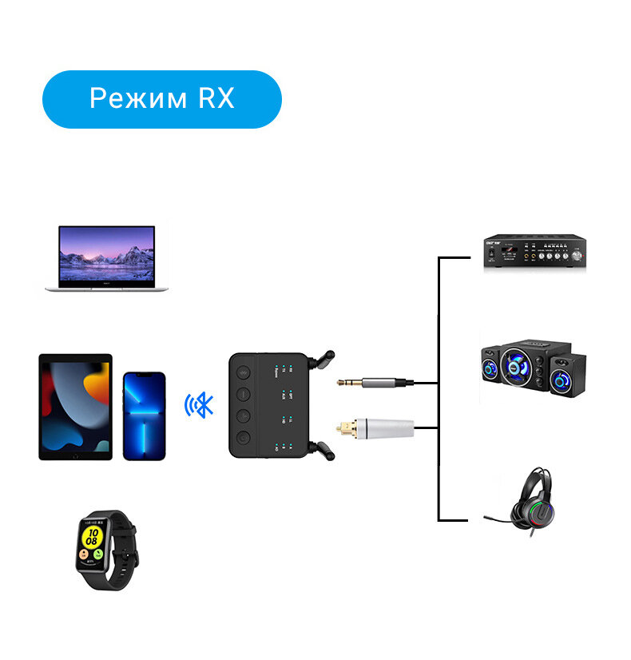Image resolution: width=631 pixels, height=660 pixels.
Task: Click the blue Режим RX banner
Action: pyautogui.click(x=161, y=99)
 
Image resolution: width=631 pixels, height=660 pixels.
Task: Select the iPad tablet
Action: pyautogui.click(x=75, y=407)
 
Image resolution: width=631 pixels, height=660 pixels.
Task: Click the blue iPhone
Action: pyautogui.click(x=145, y=415)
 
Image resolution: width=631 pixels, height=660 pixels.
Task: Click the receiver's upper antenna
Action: pyautogui.click(x=323, y=354)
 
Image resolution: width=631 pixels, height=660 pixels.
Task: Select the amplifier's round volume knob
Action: pyautogui.click(x=577, y=255)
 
